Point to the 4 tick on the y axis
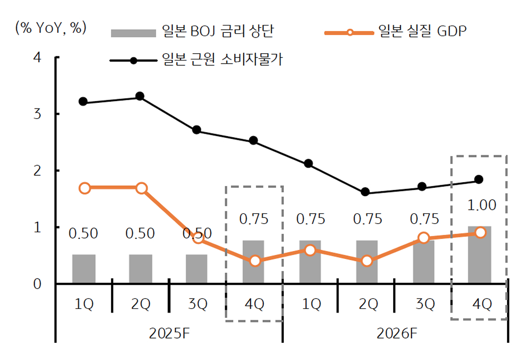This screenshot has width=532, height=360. point(37,57)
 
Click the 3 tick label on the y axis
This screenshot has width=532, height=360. point(37,114)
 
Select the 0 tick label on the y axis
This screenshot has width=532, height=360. point(37,284)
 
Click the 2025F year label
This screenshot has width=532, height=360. point(169,333)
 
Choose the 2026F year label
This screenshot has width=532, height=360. point(395,333)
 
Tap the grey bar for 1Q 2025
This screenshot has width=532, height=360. point(84,269)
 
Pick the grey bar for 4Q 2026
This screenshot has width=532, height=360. point(480,255)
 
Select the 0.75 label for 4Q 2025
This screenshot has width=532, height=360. point(254,219)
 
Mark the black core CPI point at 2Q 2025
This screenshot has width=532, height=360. point(140,97)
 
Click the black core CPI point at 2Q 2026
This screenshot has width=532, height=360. point(366,192)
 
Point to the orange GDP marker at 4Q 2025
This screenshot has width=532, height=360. point(255,261)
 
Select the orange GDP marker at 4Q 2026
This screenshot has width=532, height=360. point(480,232)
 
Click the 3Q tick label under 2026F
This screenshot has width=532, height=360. point(424,305)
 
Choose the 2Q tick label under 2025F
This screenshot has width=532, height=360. point(140,305)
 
